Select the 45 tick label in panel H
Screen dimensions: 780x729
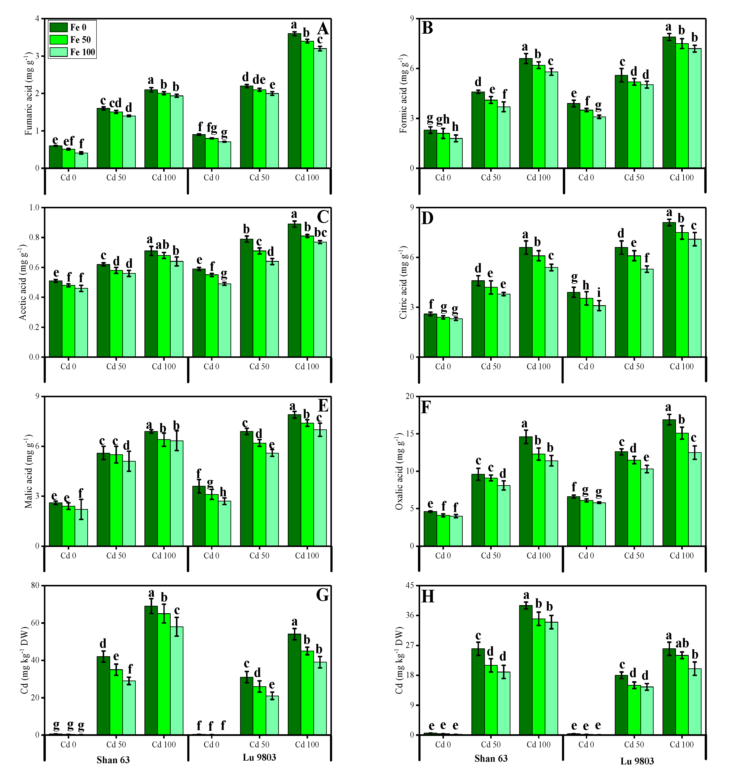[x=410, y=585]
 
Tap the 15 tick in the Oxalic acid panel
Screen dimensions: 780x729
[x=410, y=434]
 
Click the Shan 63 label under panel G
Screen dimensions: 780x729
[x=113, y=760]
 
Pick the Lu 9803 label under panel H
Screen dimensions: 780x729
[x=637, y=761]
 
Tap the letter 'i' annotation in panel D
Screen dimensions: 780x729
[x=599, y=293]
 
